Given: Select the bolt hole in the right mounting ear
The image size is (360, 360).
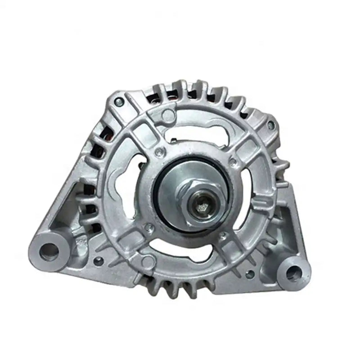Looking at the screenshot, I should point(293,271).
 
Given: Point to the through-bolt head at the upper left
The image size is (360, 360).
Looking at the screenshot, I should point(118,103).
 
